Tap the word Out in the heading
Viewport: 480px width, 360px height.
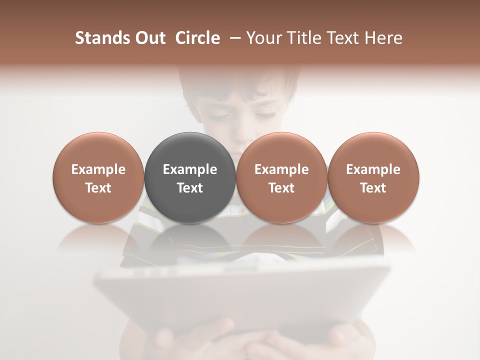click(x=149, y=38)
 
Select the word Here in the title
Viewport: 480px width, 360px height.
click(x=383, y=38)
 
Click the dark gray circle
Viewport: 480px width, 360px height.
click(x=190, y=150)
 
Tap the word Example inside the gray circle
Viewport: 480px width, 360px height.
click(x=190, y=169)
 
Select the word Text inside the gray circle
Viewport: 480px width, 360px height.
click(x=190, y=188)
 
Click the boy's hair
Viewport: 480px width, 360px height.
click(x=240, y=82)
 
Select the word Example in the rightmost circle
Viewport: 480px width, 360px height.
click(x=373, y=169)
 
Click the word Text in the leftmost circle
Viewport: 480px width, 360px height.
click(x=98, y=188)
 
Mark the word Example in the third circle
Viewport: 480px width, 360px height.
click(x=281, y=169)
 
